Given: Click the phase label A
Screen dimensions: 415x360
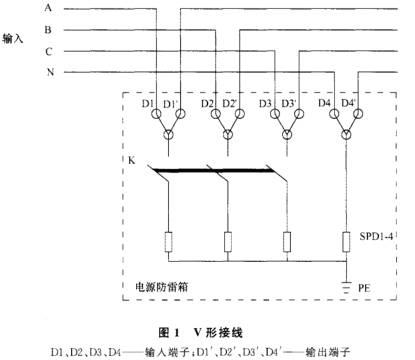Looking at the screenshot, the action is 48,7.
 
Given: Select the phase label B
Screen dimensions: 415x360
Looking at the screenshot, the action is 48,30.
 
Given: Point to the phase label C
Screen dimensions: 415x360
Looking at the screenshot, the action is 48,51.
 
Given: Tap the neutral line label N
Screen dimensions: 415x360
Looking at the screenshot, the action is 50,72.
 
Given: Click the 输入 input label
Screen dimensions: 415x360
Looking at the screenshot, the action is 13,39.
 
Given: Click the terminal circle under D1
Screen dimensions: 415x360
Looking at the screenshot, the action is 156,114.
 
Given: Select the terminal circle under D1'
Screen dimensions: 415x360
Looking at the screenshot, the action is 180,114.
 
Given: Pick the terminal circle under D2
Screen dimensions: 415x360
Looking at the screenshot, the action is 216,114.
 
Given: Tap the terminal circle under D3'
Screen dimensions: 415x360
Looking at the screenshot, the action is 299,114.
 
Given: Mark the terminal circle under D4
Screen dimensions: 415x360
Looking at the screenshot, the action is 334,114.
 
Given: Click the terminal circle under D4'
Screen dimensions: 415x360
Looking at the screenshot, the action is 358,114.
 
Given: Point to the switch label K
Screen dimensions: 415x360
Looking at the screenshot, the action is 132,161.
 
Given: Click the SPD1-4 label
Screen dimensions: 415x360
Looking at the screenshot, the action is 376,236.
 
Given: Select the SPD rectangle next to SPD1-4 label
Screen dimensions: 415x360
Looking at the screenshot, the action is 346,242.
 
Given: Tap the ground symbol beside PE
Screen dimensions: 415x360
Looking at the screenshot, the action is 346,288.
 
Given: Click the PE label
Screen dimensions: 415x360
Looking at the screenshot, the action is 364,288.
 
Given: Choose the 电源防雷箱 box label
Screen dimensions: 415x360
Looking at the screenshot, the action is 161,287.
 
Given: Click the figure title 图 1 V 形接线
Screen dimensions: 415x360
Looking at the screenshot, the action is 201,332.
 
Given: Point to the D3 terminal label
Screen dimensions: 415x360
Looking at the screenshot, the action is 265,104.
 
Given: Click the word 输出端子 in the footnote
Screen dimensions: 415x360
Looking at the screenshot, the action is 328,353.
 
